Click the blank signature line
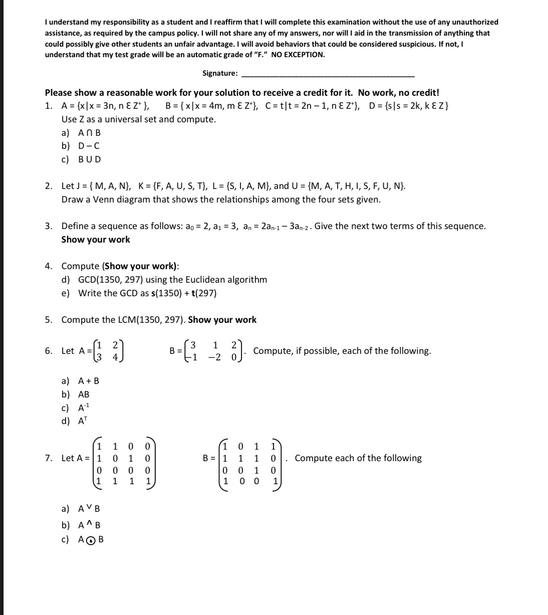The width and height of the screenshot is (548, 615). tap(328, 75)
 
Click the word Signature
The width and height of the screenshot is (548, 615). tap(219, 73)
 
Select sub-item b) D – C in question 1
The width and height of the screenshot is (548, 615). tap(81, 146)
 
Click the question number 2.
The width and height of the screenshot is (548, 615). tap(48, 186)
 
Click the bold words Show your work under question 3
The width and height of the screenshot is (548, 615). tap(95, 240)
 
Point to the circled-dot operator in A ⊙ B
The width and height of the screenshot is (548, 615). tap(90, 540)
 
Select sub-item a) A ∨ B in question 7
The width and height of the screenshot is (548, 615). tap(81, 509)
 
